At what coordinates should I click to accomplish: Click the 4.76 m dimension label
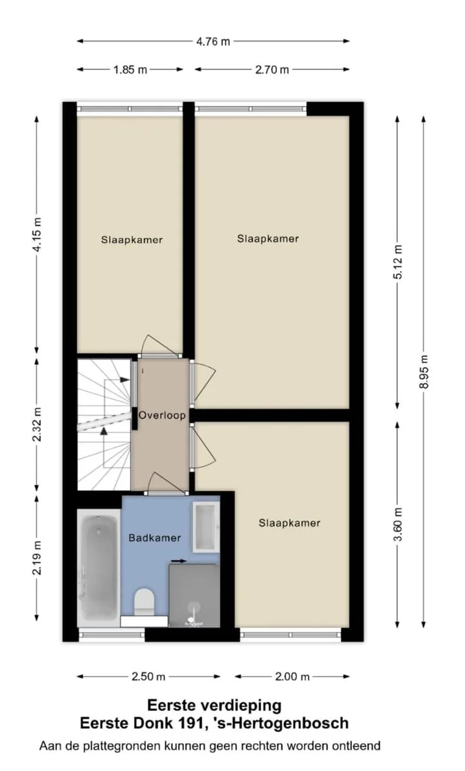[x=213, y=42]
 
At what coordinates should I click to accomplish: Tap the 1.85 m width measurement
[x=130, y=70]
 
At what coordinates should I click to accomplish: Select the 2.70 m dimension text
[x=272, y=70]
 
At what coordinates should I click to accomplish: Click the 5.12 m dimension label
[x=398, y=261]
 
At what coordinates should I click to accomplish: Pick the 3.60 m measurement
[x=398, y=525]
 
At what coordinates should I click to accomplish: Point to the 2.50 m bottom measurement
[x=149, y=677]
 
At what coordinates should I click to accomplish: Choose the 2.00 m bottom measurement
[x=293, y=677]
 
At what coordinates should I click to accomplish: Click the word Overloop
[x=162, y=416]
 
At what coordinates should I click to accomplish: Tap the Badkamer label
[x=154, y=538]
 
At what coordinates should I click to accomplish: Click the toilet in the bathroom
[x=145, y=601]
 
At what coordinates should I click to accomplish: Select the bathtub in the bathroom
[x=99, y=568]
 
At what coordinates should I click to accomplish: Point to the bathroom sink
[x=205, y=526]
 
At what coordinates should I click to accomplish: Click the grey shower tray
[x=194, y=596]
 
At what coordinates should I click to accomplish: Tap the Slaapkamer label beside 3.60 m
[x=289, y=523]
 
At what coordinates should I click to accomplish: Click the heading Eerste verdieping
[x=214, y=706]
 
